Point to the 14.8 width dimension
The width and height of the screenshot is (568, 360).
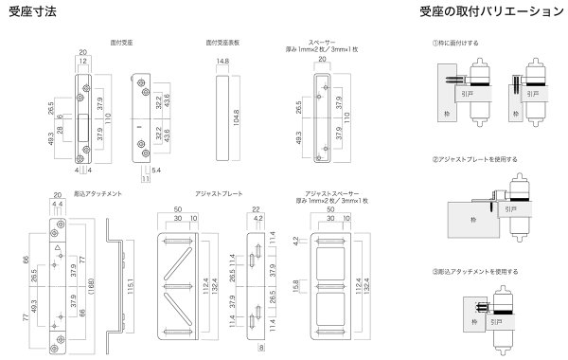pyautogui.click(x=222, y=62)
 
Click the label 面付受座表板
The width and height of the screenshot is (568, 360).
pyautogui.click(x=222, y=43)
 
